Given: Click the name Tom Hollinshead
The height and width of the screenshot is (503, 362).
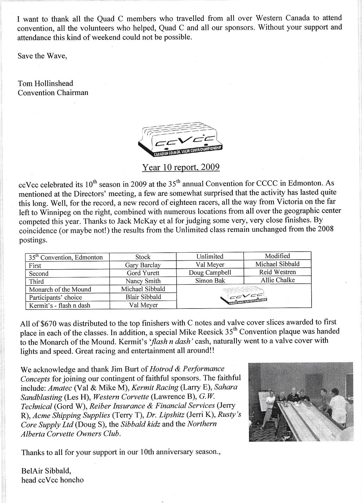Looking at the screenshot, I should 46,83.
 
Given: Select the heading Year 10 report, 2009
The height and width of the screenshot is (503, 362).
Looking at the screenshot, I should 181,167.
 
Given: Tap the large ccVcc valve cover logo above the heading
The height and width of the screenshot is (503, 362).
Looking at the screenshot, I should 181,140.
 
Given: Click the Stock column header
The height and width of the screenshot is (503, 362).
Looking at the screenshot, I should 143,257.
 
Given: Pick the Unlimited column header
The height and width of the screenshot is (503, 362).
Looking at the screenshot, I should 210,256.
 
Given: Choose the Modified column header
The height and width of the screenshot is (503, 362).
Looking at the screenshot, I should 277,256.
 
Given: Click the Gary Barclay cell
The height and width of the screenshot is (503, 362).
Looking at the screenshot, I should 143,265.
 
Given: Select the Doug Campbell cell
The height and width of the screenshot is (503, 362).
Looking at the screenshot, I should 210,273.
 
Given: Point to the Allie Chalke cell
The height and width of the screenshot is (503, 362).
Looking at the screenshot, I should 277,280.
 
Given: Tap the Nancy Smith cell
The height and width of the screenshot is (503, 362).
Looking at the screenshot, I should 143,281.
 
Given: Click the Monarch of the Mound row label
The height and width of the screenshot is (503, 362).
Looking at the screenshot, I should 60,289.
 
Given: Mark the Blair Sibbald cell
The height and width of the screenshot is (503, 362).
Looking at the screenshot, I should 143,297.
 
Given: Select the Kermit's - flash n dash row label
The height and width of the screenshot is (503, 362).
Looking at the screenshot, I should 60,305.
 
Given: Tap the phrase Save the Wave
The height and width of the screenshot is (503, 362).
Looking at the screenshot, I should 42,56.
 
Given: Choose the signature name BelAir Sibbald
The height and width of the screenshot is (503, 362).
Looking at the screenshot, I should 46,470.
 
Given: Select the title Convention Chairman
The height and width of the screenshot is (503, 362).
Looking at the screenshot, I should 53,93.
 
